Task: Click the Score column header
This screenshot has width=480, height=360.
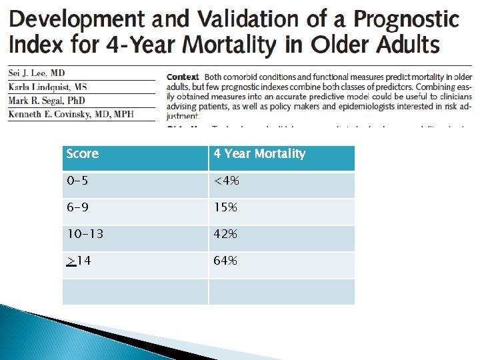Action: coord(83,154)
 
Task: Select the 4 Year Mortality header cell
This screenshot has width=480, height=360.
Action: coord(259,154)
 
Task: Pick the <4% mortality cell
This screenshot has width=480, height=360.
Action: coord(226,181)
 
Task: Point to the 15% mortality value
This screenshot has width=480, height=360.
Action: coord(225,207)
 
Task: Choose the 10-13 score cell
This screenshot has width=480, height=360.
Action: coord(85,234)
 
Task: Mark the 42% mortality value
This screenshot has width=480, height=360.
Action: coord(225,234)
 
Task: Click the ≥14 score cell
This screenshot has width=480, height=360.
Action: coord(79,261)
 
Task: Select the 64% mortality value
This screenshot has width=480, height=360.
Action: coord(225,261)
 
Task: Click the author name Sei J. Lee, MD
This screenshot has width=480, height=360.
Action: coord(37,73)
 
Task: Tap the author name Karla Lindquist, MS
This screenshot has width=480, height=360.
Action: coord(47,87)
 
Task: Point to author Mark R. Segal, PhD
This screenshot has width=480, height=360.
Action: coord(47,101)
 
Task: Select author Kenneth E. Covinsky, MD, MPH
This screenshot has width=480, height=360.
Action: coord(71,114)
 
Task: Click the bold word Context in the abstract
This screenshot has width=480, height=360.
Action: coord(183,77)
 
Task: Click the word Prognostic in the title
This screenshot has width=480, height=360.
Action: coord(405,19)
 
